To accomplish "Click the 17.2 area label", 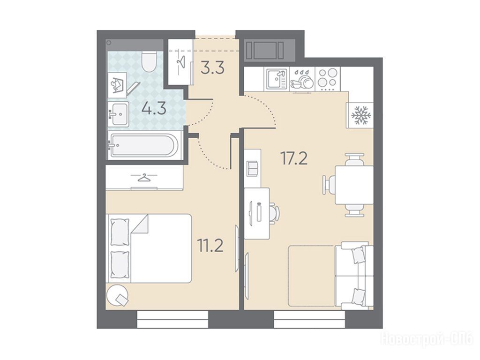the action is coord(294,158).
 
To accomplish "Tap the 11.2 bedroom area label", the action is coord(210,246).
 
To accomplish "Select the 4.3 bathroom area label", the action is coord(154,108).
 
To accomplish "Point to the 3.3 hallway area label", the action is coord(212,67).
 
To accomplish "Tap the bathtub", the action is coord(144,145).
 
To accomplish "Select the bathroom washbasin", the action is coord(118,114).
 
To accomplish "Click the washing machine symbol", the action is coord(117,85).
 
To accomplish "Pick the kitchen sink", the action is coord(277,79).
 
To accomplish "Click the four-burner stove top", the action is coord(328,78).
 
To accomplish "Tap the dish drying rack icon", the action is coord(301,79).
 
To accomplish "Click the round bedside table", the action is coord(118,294).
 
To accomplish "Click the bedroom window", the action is coord(172,320).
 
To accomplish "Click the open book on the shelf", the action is coord(253,169).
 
